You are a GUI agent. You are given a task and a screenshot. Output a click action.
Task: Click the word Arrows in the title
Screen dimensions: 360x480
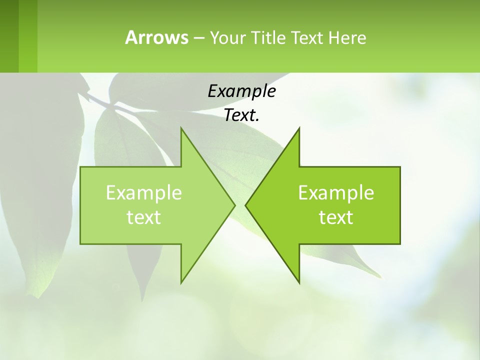click(x=156, y=37)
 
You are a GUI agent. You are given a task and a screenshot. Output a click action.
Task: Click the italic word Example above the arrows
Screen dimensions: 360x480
click(x=241, y=91)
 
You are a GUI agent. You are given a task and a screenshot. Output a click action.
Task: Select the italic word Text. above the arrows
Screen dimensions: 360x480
click(x=241, y=115)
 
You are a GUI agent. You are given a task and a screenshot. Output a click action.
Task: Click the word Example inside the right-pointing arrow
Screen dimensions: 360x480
click(x=144, y=192)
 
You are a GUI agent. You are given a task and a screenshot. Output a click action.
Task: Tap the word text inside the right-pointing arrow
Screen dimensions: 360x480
click(x=144, y=217)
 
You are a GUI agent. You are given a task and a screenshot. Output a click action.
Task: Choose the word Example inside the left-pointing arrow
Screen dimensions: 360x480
click(x=336, y=192)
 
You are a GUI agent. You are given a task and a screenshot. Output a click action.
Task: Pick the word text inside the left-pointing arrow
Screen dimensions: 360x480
click(x=336, y=217)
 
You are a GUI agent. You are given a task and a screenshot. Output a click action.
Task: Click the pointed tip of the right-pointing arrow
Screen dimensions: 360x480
click(x=235, y=205)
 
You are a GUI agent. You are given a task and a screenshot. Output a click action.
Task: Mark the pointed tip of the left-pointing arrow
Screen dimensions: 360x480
click(x=245, y=205)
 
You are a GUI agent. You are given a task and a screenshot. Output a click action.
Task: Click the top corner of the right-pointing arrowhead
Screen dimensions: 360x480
click(x=181, y=128)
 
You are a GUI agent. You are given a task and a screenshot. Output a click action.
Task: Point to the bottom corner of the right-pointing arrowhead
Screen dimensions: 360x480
click(x=181, y=282)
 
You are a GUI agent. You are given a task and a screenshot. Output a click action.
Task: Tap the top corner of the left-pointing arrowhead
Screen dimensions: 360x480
click(x=299, y=128)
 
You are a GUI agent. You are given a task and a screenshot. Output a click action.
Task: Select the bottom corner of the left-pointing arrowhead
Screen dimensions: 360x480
click(x=299, y=282)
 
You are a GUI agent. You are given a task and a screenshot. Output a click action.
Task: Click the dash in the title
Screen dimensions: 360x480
click(x=198, y=37)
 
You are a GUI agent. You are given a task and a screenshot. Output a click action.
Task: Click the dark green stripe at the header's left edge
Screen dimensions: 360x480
click(x=9, y=36)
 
